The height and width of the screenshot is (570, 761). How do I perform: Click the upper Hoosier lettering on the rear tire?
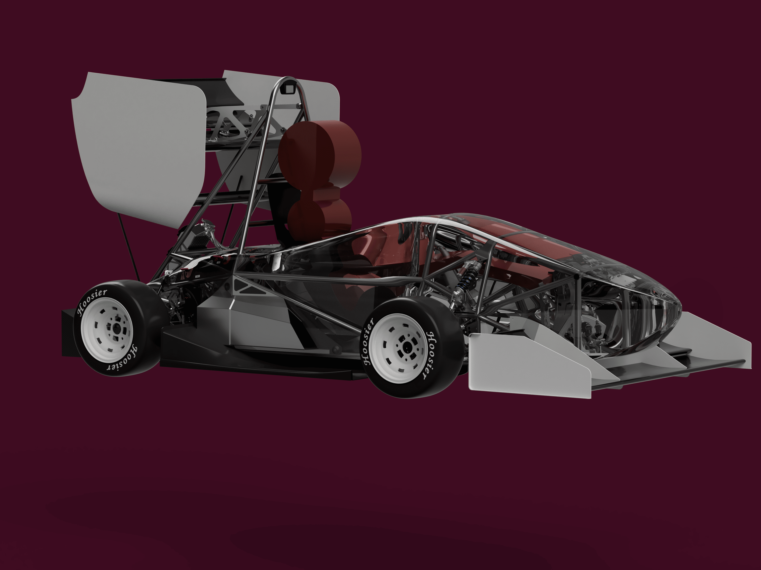coord(91,302)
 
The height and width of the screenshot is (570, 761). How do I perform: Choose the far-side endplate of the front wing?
coord(716,338)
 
